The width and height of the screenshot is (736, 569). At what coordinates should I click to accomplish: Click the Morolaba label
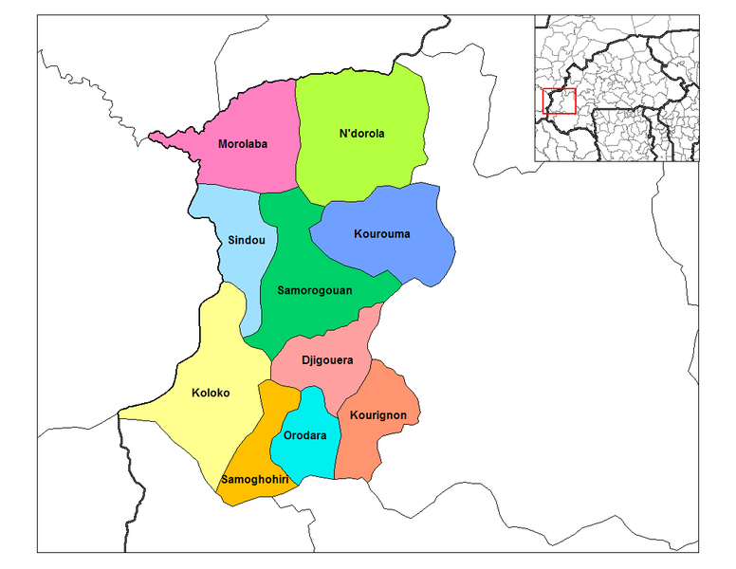pos(243,144)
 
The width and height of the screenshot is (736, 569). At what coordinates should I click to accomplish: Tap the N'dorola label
pos(361,134)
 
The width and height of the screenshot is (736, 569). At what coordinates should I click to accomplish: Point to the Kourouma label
pos(381,233)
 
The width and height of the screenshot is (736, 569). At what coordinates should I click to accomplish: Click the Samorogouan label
pos(315,290)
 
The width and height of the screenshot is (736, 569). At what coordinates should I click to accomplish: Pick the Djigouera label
pos(327,360)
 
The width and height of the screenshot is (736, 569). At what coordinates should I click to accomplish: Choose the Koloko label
pos(211,392)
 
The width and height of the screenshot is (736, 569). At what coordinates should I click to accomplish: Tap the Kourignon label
pos(377,415)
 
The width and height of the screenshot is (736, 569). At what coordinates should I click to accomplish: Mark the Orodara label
pos(305,436)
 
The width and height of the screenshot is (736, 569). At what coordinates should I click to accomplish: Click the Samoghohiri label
pos(254,479)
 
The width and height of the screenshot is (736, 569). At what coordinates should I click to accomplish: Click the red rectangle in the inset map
pos(559,101)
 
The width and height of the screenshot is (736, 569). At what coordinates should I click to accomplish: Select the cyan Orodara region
pos(308,455)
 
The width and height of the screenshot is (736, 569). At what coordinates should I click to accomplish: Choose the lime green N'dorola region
pos(360,161)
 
